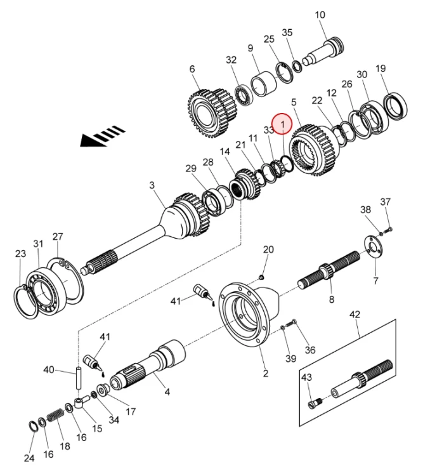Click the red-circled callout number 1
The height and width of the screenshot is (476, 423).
coord(282,124)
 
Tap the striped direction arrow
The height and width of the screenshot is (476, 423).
coord(102,136)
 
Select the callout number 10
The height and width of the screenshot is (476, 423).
coord(320,15)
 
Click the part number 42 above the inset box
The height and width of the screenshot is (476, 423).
coord(355,314)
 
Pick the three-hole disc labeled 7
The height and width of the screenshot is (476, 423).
coord(374,247)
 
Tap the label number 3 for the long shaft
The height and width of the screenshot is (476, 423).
coord(152,185)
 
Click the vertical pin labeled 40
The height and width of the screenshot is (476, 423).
coord(78,379)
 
